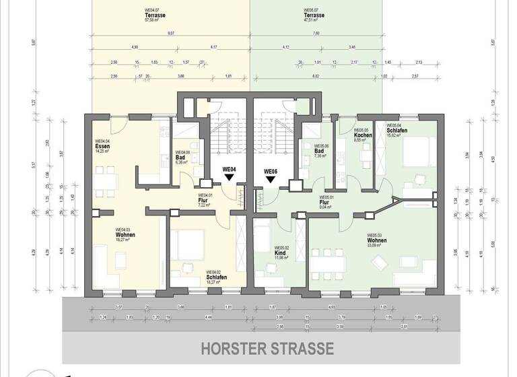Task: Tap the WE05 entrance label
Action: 271,171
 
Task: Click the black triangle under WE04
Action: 229,178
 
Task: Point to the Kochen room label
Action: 364,135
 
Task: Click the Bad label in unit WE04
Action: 180,156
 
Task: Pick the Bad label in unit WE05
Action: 319,151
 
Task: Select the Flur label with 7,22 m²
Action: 202,200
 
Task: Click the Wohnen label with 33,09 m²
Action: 376,240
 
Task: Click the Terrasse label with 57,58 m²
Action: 155,15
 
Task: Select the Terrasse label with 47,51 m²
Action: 313,15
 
